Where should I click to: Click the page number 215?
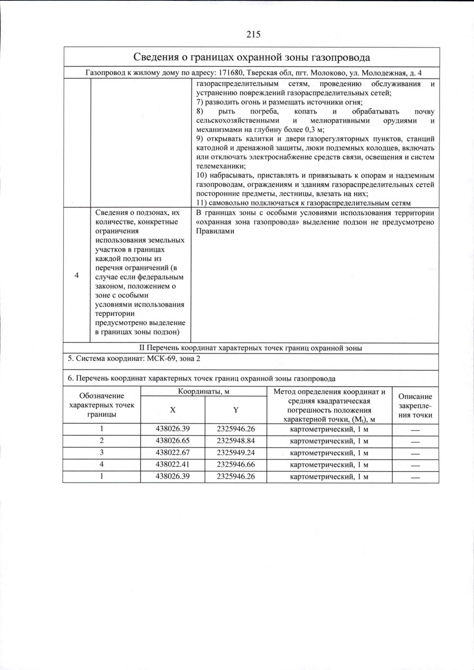point(253,34)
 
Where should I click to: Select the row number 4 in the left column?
point(77,275)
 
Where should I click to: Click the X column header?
point(173,410)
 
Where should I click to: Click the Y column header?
point(235,410)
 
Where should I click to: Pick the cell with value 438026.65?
point(173,441)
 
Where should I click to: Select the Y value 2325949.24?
point(236,453)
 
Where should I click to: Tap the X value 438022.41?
point(173,464)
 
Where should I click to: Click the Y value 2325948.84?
point(236,441)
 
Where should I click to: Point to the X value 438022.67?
point(173,453)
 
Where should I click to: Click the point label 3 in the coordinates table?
point(102,453)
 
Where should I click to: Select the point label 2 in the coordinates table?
point(102,441)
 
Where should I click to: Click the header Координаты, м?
point(203,391)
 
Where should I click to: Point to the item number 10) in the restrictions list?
point(203,176)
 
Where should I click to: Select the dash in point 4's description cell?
point(415,466)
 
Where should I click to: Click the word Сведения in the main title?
point(155,57)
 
